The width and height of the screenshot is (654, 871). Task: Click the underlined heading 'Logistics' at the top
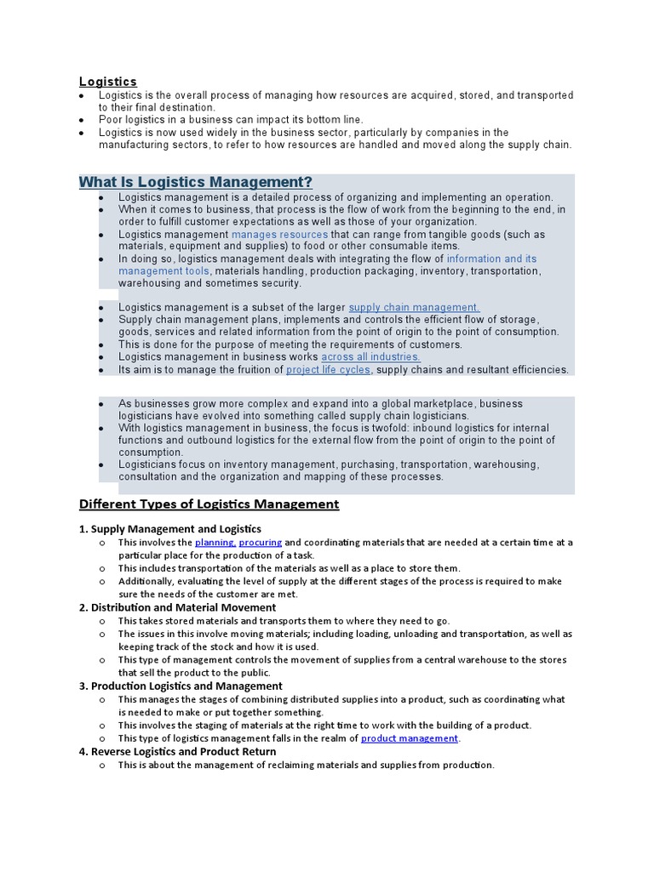[x=108, y=82]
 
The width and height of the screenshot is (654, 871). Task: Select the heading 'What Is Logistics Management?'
[x=196, y=182]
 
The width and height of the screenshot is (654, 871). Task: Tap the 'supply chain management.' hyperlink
[x=414, y=307]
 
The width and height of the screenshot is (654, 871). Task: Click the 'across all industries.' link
[x=370, y=357]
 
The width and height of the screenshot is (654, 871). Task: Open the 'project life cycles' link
[x=328, y=370]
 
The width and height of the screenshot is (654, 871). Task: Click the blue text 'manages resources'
[x=279, y=234]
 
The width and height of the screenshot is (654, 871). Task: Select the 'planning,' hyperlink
[x=215, y=542]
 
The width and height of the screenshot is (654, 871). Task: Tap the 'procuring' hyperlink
[x=260, y=542]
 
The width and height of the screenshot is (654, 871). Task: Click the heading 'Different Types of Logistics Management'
[x=209, y=504]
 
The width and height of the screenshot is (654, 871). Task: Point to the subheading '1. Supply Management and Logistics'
[x=170, y=529]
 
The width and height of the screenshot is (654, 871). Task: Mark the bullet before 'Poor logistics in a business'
[x=81, y=121]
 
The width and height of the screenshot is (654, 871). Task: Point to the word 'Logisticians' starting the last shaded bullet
[x=148, y=464]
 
